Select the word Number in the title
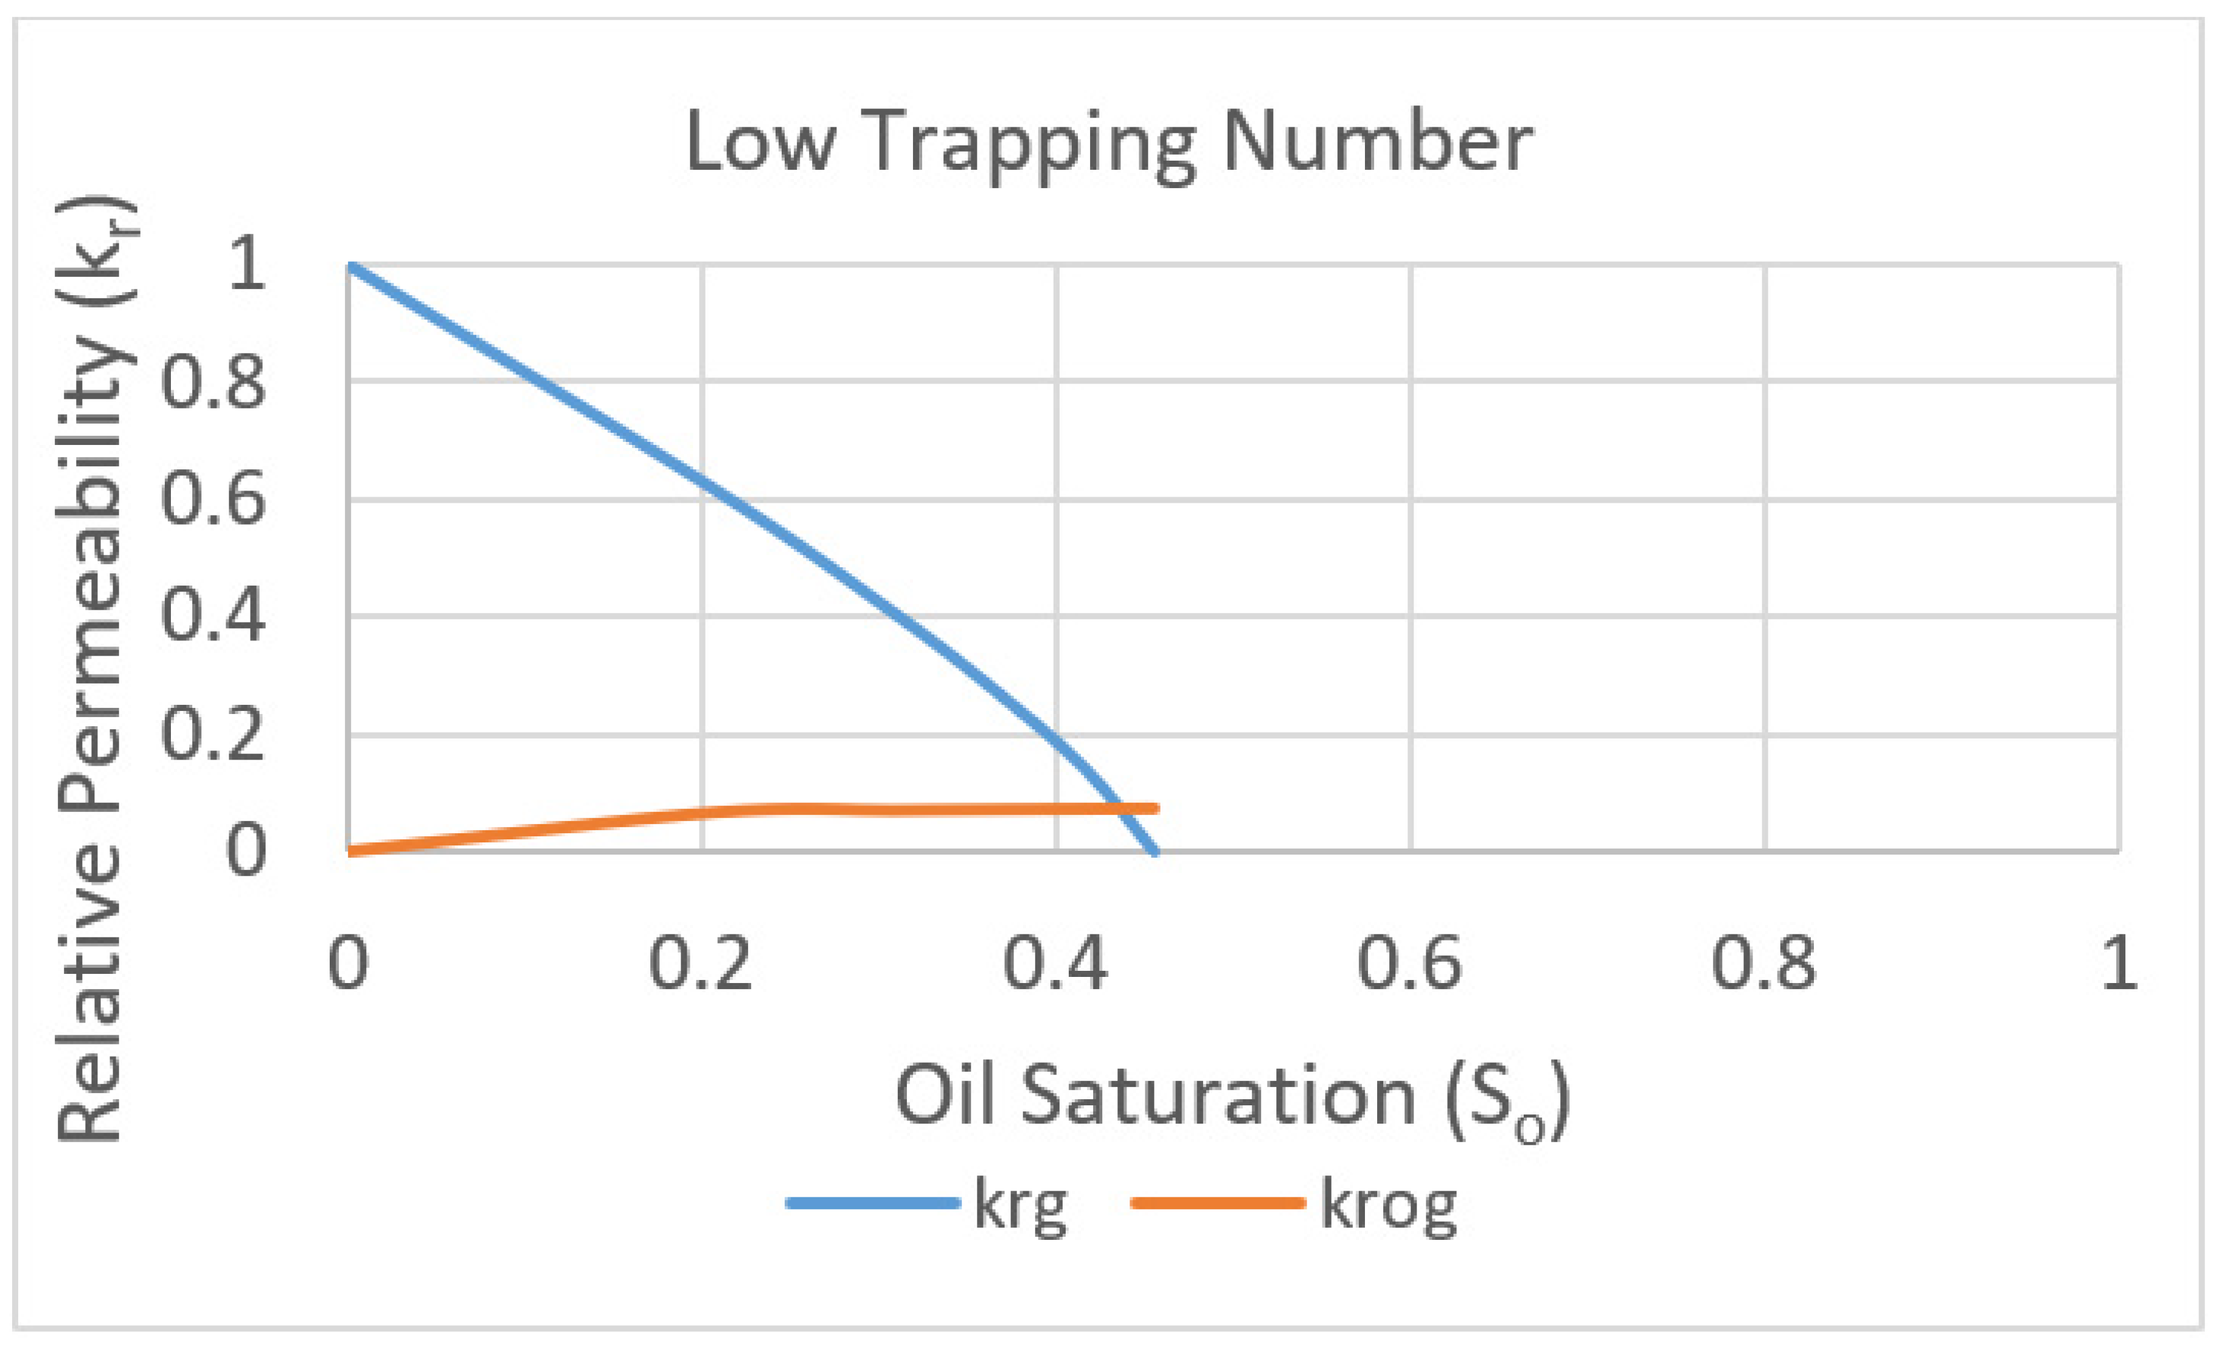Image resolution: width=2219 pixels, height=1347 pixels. click(1378, 142)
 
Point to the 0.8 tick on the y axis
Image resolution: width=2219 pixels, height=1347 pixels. click(214, 382)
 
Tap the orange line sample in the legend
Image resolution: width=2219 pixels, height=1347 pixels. click(1218, 1203)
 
